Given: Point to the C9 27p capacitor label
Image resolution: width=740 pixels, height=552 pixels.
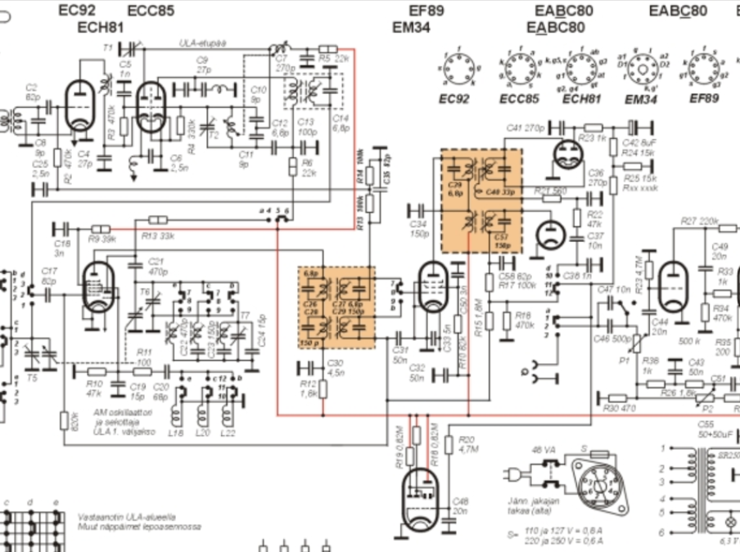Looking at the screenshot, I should point(202,65).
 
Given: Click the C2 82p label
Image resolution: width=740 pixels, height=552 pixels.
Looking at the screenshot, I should point(32,92).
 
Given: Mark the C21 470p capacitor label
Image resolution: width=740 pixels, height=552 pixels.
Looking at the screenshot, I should point(157,266).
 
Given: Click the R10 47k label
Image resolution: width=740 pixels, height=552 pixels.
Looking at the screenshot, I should point(95,388).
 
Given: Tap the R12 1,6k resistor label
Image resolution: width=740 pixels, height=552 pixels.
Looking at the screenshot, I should point(308,388).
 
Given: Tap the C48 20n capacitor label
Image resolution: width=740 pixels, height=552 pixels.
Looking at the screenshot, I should point(460,505).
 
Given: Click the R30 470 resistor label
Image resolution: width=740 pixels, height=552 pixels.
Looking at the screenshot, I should point(620,408).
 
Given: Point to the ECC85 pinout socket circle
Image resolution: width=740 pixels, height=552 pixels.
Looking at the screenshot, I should point(520,70).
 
